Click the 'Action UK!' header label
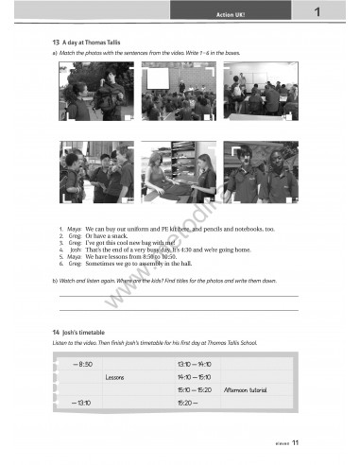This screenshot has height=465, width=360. (x=231, y=15)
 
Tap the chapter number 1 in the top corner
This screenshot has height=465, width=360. (x=319, y=13)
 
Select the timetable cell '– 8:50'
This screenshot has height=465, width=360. (x=81, y=364)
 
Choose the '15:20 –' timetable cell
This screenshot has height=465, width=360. (x=187, y=402)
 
